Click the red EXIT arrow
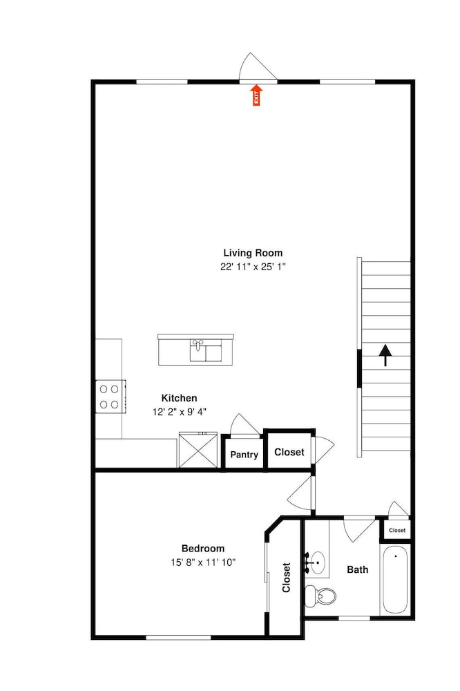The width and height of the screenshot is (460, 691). [256, 95]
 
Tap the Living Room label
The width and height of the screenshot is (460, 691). [253, 253]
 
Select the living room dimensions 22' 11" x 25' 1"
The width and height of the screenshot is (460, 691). [253, 267]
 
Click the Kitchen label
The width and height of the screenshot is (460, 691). [179, 398]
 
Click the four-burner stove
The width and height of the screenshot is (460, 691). [111, 396]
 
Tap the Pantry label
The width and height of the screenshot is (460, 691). [244, 455]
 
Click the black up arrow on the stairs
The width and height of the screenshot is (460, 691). [385, 355]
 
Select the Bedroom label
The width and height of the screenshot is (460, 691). [203, 549]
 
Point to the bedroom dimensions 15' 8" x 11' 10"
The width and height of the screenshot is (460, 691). [203, 562]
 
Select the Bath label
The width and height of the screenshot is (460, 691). [357, 570]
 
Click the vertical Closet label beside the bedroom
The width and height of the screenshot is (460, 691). [287, 577]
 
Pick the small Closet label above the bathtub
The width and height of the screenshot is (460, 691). [397, 530]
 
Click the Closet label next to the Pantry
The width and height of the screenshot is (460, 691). [289, 452]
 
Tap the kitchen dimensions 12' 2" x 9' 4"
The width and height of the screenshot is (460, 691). [180, 412]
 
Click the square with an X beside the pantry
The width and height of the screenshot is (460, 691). [198, 450]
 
